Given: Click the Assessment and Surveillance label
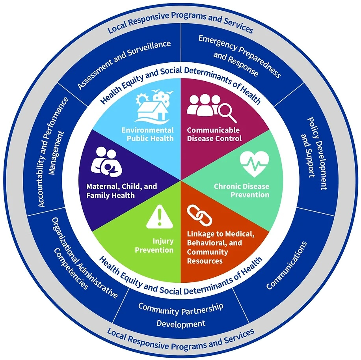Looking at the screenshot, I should [x=124, y=64].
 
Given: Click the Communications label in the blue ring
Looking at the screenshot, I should [x=287, y=265].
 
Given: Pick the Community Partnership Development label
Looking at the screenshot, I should [x=181, y=315].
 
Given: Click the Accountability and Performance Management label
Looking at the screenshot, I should [x=53, y=151].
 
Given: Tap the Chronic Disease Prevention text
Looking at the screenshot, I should [x=242, y=190].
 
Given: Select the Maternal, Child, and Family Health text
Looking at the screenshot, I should [x=121, y=191].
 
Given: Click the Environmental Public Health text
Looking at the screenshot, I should [x=147, y=134].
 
